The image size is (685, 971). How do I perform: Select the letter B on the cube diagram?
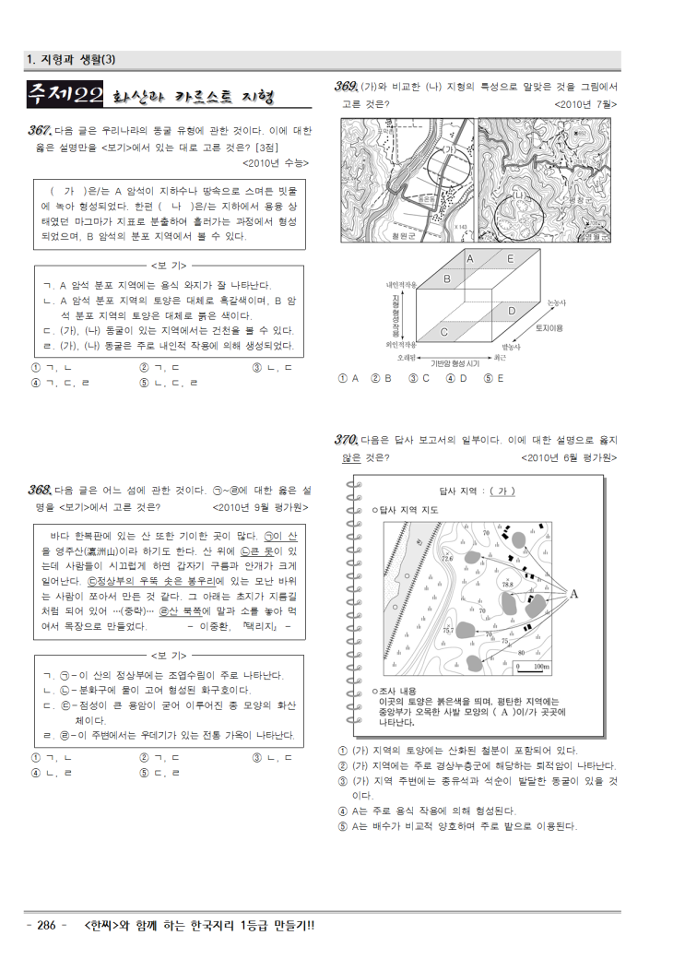pyautogui.click(x=447, y=278)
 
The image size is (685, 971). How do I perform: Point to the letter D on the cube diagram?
pyautogui.click(x=512, y=311)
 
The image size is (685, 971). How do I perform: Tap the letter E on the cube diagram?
pyautogui.click(x=510, y=259)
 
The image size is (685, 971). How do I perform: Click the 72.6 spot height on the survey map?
pyautogui.click(x=448, y=558)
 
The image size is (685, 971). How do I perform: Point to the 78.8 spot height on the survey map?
pyautogui.click(x=507, y=585)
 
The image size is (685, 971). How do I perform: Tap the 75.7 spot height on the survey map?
pyautogui.click(x=448, y=631)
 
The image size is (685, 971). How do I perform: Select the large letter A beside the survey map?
pyautogui.click(x=573, y=594)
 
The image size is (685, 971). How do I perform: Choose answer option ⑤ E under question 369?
pyautogui.click(x=493, y=378)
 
